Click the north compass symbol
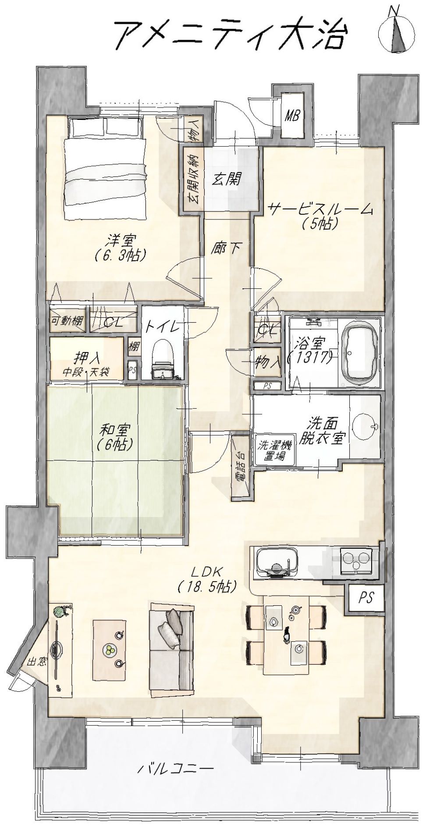coord(397,31)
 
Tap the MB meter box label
coord(292,116)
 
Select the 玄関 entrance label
coord(228,179)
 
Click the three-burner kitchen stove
coord(356,561)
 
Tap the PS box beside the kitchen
coord(366,597)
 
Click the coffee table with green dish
coord(110,650)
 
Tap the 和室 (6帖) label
coord(116,437)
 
